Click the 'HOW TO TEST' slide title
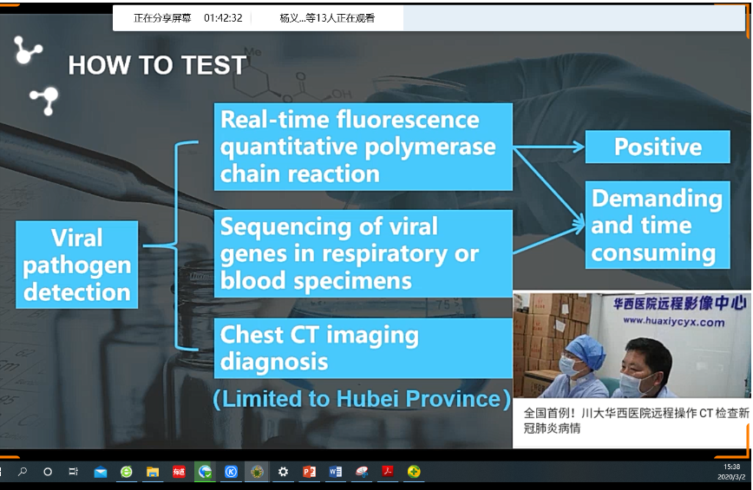pyautogui.click(x=157, y=65)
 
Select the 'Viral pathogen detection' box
pyautogui.click(x=77, y=265)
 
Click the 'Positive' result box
pyautogui.click(x=658, y=147)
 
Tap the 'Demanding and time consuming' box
pyautogui.click(x=658, y=225)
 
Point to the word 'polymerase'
pyautogui.click(x=429, y=147)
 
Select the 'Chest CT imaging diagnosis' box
pyautogui.click(x=363, y=348)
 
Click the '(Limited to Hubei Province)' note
pyautogui.click(x=362, y=399)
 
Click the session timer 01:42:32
pyautogui.click(x=223, y=18)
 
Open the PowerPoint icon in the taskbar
pyautogui.click(x=309, y=472)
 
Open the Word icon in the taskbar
pyautogui.click(x=335, y=472)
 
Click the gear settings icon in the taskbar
pyautogui.click(x=284, y=472)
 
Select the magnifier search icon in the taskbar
pyautogui.click(x=22, y=472)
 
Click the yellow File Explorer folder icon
pyautogui.click(x=153, y=473)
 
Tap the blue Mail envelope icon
pyautogui.click(x=101, y=473)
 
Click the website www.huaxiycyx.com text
pyautogui.click(x=674, y=322)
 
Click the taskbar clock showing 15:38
pyautogui.click(x=732, y=467)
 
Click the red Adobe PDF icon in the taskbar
pyautogui.click(x=387, y=472)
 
